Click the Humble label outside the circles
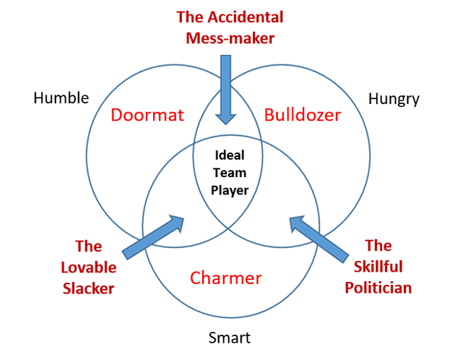[x=61, y=98]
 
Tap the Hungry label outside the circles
[x=394, y=99]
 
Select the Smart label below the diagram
[x=229, y=337]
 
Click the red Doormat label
[x=148, y=115]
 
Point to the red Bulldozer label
[x=303, y=115]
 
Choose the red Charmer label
[x=226, y=278]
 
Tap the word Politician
[x=378, y=287]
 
